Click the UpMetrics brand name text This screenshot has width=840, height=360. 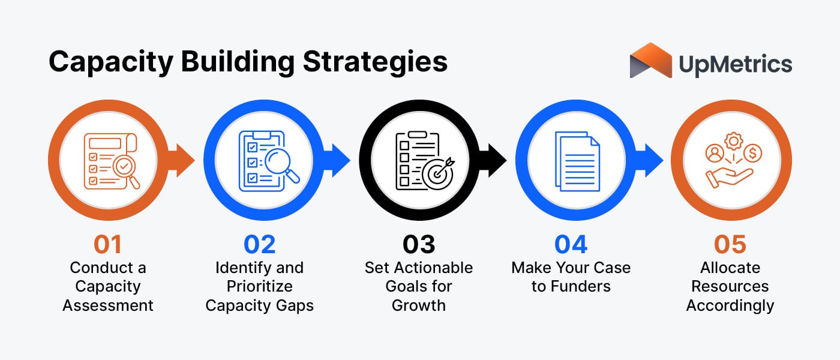(735, 64)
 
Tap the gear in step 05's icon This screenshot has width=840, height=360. (733, 142)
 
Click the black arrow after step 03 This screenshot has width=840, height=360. (497, 161)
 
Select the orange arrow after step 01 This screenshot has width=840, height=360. (184, 161)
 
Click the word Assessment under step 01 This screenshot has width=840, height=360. (108, 305)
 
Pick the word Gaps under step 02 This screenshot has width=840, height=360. (293, 305)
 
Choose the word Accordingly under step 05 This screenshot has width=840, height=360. (730, 305)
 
